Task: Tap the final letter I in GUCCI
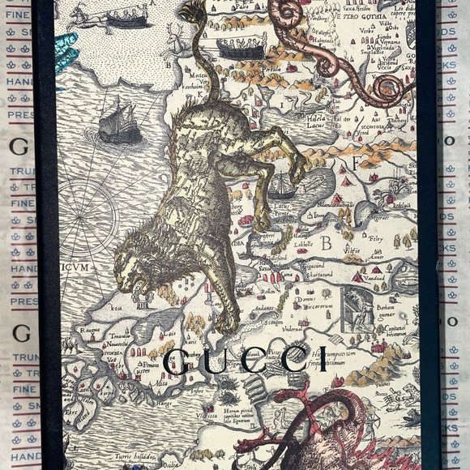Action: coord(323,358)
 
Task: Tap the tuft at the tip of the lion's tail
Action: coord(192,13)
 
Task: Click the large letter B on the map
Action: coord(327,241)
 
